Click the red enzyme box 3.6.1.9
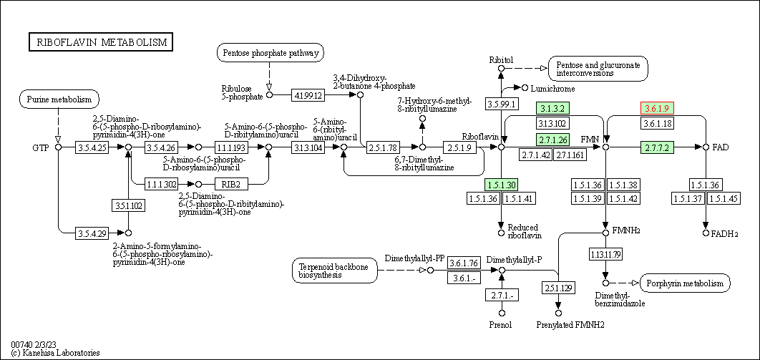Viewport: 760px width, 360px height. click(x=658, y=108)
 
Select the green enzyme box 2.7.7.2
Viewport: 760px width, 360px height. click(x=658, y=147)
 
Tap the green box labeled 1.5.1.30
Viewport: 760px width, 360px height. click(x=502, y=184)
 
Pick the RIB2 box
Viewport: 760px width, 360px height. click(x=231, y=184)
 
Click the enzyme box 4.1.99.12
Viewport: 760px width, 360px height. click(x=308, y=95)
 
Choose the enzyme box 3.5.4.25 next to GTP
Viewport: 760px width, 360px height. click(x=92, y=147)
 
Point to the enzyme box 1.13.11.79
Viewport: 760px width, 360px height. click(x=605, y=254)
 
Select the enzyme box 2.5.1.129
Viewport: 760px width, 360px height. click(x=558, y=288)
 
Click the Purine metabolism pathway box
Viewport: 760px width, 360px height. click(x=59, y=99)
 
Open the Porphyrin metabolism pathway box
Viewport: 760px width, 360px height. click(x=686, y=283)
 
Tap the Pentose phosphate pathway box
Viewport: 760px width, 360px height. click(x=271, y=52)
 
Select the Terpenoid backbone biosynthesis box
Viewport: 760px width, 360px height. click(x=335, y=271)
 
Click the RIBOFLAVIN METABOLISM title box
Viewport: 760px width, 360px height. click(x=102, y=42)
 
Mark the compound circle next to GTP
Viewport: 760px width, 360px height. click(x=58, y=147)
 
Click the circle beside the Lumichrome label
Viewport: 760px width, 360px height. click(x=525, y=88)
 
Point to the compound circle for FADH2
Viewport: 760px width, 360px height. click(x=706, y=233)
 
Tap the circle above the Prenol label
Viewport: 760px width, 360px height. click(x=502, y=313)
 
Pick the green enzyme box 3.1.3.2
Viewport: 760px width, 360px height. click(x=552, y=108)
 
